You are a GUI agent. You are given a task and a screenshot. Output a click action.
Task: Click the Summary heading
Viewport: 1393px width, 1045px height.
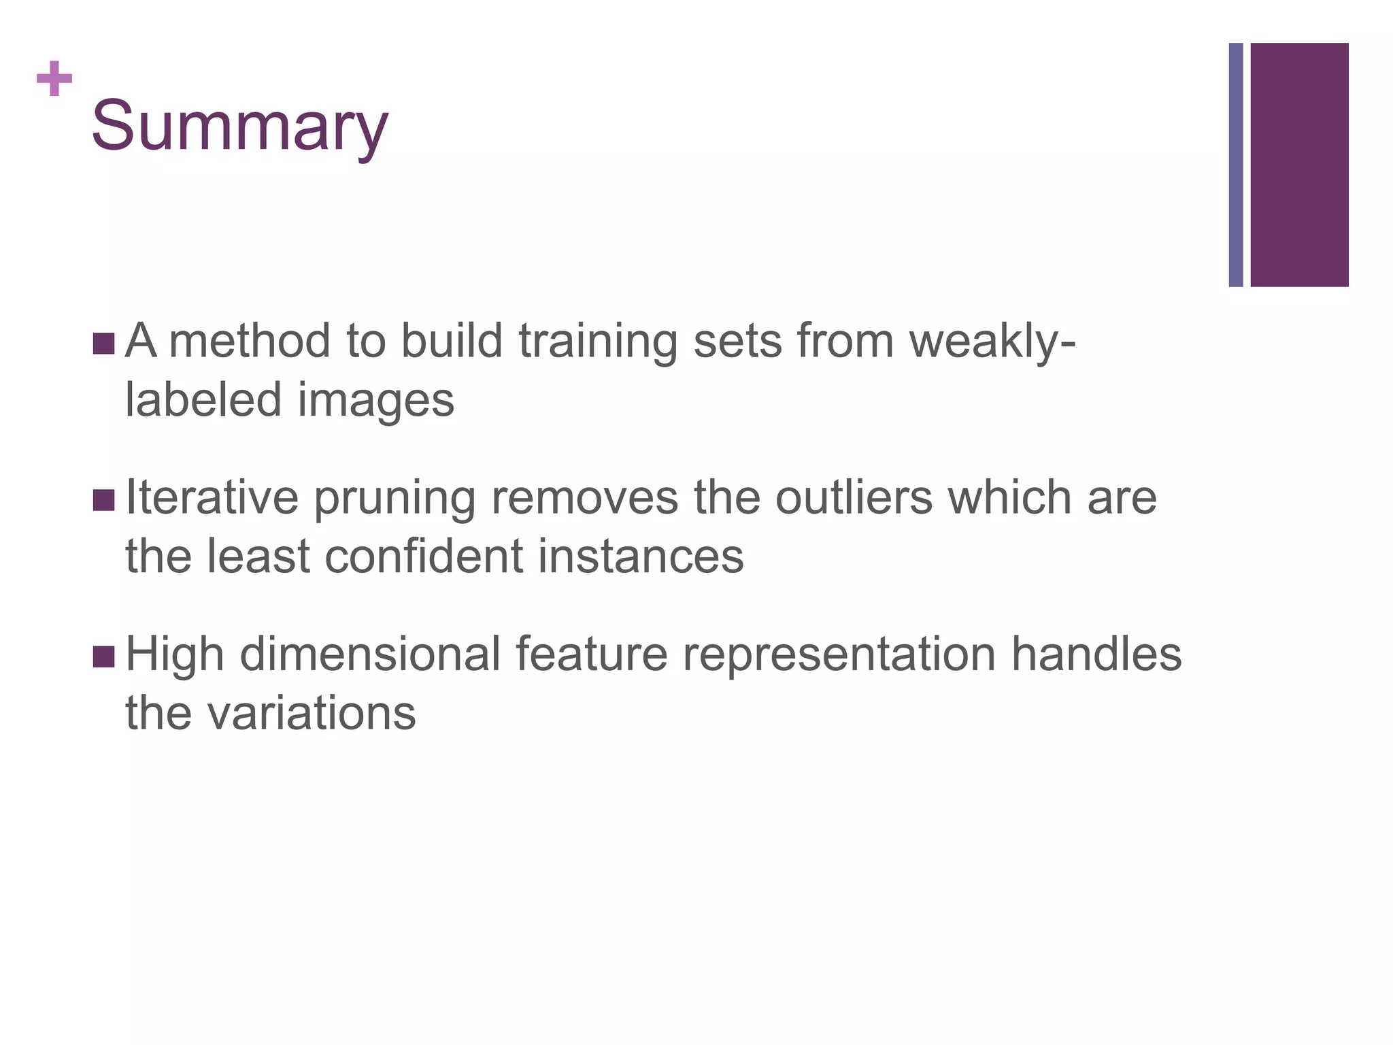(239, 127)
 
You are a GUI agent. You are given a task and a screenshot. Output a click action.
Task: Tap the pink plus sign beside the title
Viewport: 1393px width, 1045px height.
(54, 79)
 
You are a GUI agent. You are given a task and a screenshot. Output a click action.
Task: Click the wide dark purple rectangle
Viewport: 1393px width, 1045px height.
(1299, 165)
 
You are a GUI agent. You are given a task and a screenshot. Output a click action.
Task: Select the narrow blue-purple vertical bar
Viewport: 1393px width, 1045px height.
(1236, 165)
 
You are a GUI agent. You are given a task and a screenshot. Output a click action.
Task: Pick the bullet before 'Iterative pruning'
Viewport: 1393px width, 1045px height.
(103, 500)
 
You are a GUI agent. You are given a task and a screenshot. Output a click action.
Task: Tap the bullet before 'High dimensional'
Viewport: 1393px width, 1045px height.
(103, 657)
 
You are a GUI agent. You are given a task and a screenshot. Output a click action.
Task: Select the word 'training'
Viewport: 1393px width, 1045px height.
(598, 342)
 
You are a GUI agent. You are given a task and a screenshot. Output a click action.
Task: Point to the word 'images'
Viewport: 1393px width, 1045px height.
(376, 401)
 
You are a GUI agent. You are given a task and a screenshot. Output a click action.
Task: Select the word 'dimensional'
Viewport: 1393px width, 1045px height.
(370, 654)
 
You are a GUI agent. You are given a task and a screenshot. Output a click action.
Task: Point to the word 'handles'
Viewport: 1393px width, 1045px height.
(1096, 654)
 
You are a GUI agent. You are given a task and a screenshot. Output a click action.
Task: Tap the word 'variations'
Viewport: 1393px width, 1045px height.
(311, 714)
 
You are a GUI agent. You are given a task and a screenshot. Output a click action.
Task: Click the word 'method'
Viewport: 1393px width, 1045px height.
(249, 342)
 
